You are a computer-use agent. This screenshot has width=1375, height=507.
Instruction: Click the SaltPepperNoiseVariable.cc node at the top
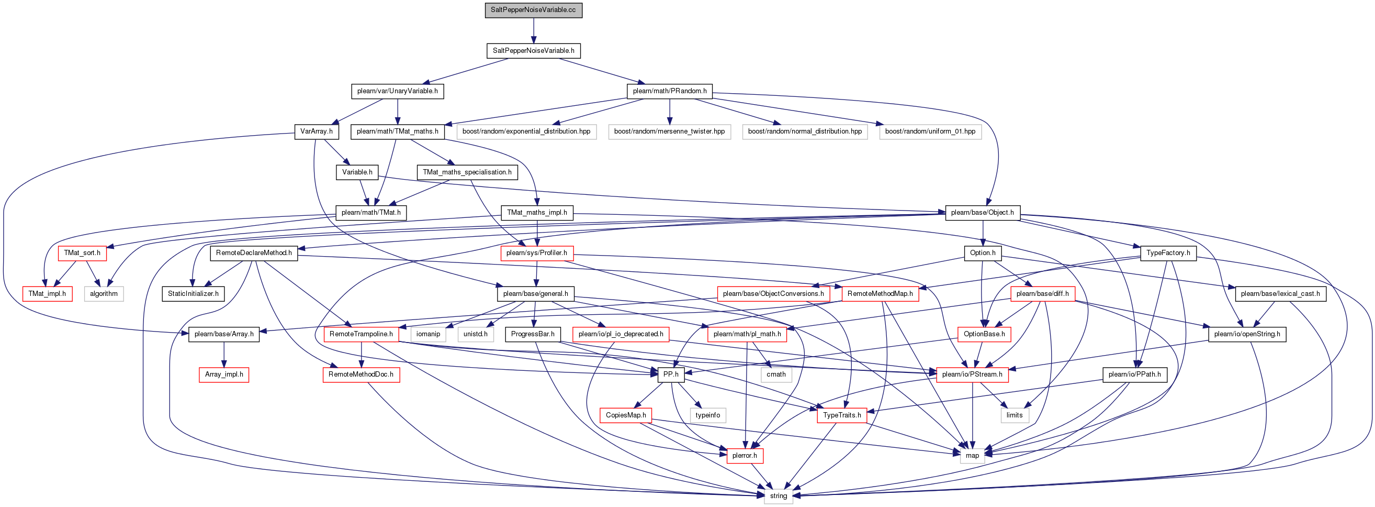(x=533, y=10)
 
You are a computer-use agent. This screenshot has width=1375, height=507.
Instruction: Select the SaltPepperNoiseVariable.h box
(x=533, y=51)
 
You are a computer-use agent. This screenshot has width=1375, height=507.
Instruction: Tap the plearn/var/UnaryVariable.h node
(x=398, y=91)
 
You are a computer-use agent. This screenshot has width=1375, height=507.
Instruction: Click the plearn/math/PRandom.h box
(x=669, y=91)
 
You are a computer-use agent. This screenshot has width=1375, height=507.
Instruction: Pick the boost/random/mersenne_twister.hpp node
(x=669, y=131)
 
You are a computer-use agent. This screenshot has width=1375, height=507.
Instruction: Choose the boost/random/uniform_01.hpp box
(x=930, y=131)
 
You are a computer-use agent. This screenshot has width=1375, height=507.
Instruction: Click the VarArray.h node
(x=317, y=131)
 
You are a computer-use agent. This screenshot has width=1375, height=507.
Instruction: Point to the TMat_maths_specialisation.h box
(x=467, y=172)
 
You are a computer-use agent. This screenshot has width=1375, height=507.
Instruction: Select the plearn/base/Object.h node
(x=982, y=213)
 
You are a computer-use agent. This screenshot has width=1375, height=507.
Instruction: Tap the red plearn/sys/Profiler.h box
(x=536, y=253)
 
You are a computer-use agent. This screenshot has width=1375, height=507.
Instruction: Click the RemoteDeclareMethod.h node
(x=254, y=253)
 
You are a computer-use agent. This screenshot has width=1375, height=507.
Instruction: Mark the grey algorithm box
(x=104, y=294)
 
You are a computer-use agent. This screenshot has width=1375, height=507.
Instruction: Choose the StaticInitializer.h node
(x=193, y=294)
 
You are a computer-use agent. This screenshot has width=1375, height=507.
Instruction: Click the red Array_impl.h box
(x=224, y=374)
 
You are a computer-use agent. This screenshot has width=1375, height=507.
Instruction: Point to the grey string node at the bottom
(x=778, y=497)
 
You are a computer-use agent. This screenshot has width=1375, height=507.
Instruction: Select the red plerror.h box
(x=745, y=456)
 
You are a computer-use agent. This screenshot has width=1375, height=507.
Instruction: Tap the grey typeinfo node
(x=708, y=415)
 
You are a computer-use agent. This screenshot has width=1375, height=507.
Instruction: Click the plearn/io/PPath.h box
(x=1134, y=374)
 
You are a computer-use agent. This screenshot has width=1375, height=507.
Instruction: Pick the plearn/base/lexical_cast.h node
(x=1280, y=294)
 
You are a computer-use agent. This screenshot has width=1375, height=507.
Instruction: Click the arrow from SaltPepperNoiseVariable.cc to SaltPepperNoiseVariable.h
(x=533, y=30)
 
